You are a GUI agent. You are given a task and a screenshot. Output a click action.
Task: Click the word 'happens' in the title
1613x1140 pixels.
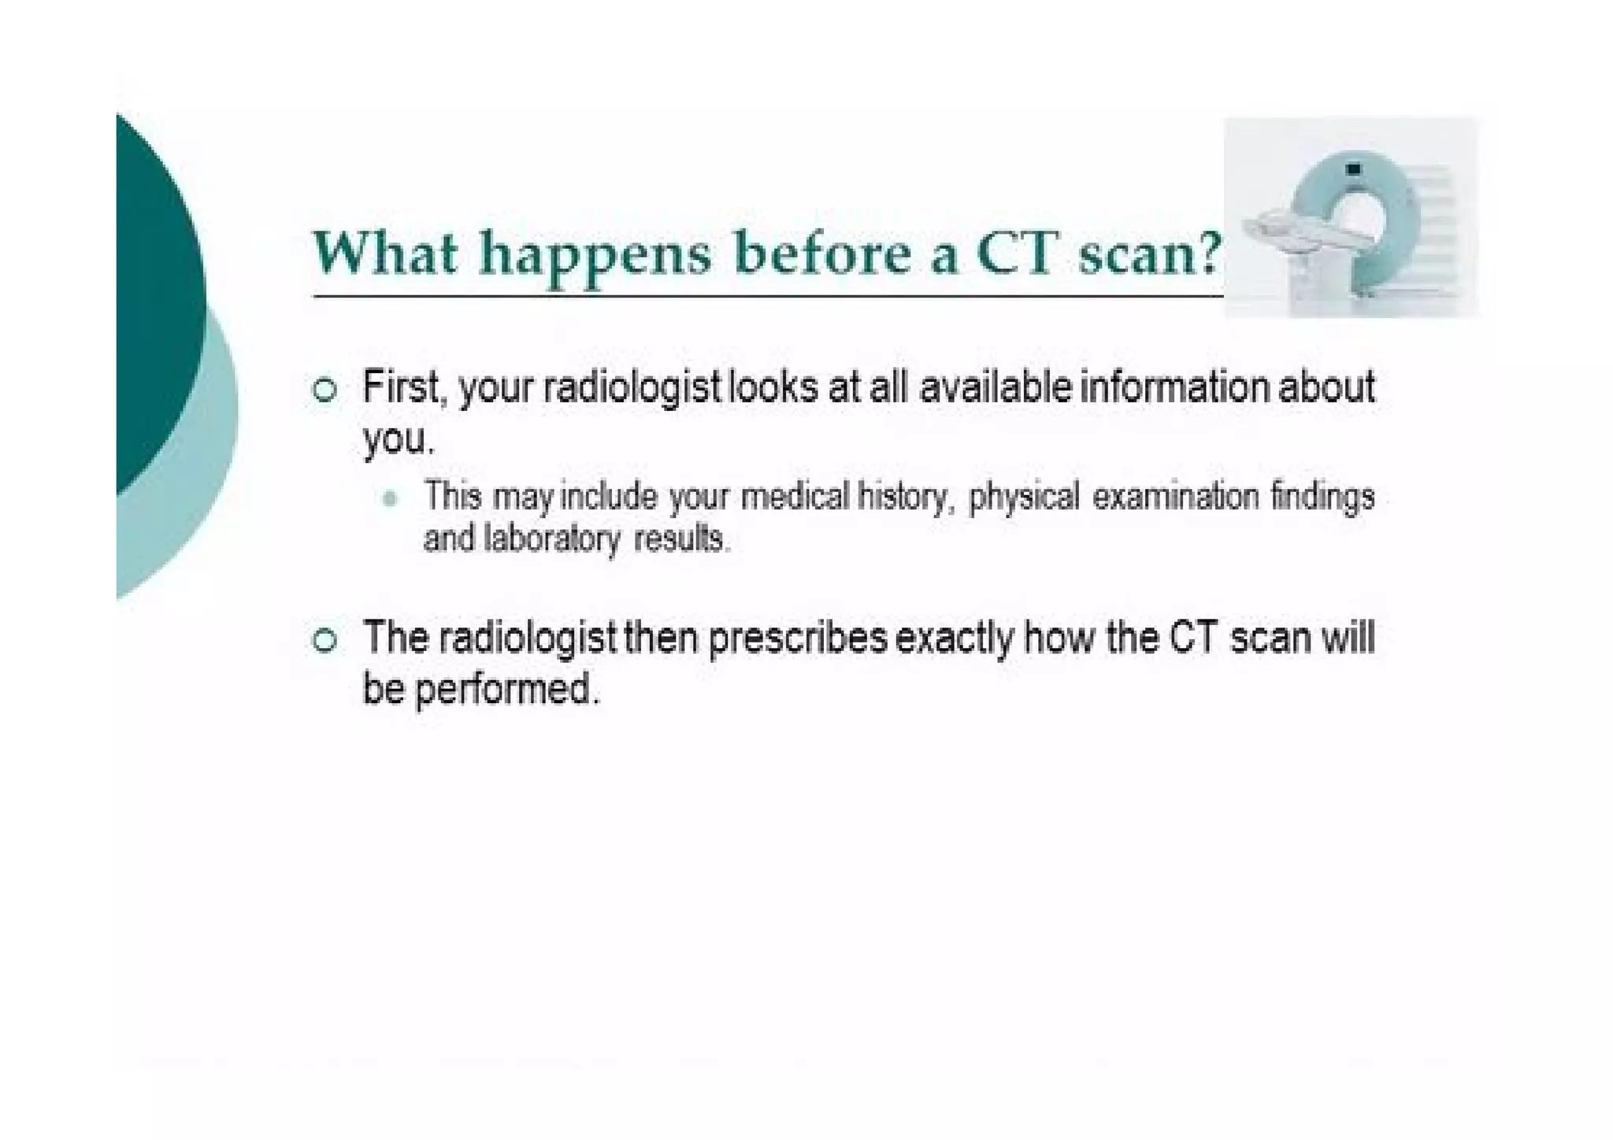point(595,256)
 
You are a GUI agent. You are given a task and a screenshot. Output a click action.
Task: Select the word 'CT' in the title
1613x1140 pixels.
point(1015,253)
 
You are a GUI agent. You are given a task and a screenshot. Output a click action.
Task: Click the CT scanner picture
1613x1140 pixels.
point(1350,217)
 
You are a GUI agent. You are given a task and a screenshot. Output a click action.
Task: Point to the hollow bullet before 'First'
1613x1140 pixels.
point(324,390)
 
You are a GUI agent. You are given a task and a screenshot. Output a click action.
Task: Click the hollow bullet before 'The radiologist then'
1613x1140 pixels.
point(324,639)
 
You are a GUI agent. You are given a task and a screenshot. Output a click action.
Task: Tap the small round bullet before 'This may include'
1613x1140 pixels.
point(389,498)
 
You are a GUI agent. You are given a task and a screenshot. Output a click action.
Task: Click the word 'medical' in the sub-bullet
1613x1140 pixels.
point(795,497)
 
